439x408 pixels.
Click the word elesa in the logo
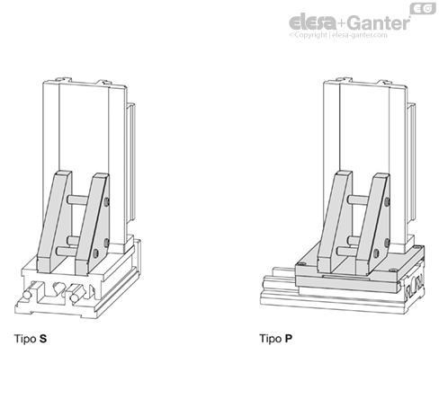tap(312, 22)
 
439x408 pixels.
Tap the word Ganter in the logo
tap(380, 22)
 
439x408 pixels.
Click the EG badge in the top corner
tap(423, 8)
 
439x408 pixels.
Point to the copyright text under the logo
tap(338, 35)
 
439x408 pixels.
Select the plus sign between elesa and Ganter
tap(342, 23)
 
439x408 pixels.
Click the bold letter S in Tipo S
tap(43, 339)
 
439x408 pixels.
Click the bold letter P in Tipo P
tap(289, 339)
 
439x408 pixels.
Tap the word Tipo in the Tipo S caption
tap(25, 339)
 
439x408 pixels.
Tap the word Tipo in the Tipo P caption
tap(271, 339)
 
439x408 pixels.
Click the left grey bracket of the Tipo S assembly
tap(54, 222)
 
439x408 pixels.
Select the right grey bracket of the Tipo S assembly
tap(92, 224)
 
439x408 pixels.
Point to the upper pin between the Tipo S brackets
tap(77, 199)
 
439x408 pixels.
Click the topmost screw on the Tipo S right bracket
tap(107, 202)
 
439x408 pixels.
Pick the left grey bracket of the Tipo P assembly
tap(335, 222)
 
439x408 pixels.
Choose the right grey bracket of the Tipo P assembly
tap(372, 224)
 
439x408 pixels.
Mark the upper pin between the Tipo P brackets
tap(358, 200)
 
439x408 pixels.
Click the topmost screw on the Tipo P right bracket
tap(388, 202)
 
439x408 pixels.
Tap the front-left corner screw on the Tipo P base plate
tap(301, 264)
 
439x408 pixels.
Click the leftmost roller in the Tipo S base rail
tap(27, 295)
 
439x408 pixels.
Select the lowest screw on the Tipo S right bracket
tap(95, 253)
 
